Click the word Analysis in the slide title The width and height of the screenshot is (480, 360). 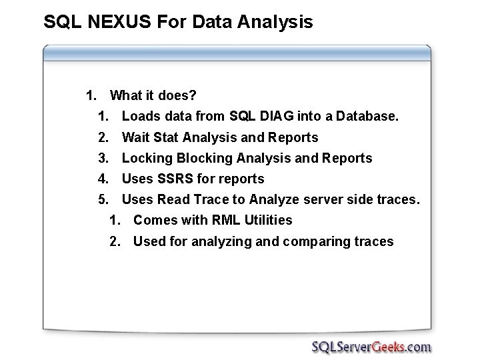click(x=274, y=23)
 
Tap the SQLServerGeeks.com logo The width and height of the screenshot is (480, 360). click(x=371, y=346)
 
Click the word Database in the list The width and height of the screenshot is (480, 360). click(x=367, y=117)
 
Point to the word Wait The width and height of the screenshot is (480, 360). click(x=135, y=137)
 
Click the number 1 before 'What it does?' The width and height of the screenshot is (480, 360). click(x=91, y=96)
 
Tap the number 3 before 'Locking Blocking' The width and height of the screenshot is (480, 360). click(x=103, y=158)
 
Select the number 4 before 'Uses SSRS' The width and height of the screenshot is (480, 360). click(x=103, y=179)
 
